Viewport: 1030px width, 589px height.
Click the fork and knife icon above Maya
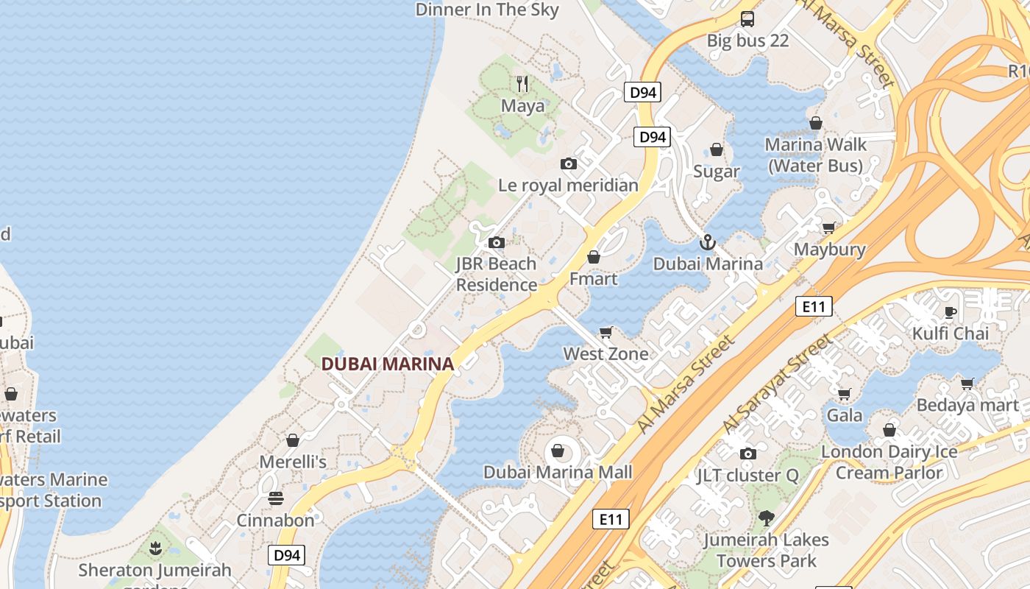[x=522, y=83]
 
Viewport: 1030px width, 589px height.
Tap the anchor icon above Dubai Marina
[x=707, y=241]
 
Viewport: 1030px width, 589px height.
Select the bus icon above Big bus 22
[x=747, y=18]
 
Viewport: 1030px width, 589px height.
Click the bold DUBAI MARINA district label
[x=387, y=364]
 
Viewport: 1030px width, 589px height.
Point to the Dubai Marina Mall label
[x=558, y=472]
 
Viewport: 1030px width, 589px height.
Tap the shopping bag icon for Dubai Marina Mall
[x=558, y=451]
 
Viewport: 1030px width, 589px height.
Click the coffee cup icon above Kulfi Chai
[x=951, y=311]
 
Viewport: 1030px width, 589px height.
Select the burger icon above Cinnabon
[x=276, y=498]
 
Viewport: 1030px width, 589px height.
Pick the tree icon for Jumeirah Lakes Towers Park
[x=767, y=518]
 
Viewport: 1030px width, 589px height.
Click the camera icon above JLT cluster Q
[x=748, y=454]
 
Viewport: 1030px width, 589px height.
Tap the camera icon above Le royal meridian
[x=568, y=163]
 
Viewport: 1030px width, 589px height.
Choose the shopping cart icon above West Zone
[x=606, y=332]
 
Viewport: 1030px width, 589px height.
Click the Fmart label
[x=594, y=279]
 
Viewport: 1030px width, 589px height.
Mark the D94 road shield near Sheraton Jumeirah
[x=286, y=555]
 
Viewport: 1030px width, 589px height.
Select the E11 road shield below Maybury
[x=814, y=306]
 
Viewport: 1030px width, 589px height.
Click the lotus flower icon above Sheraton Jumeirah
[x=155, y=549]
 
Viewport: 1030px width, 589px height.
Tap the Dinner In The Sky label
[x=487, y=10]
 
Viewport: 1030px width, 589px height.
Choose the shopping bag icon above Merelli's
[x=293, y=440]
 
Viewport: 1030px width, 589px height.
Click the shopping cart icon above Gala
[x=845, y=394]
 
